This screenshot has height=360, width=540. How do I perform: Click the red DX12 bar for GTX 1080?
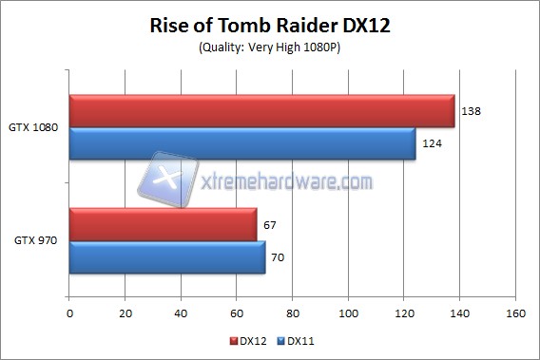click(x=261, y=111)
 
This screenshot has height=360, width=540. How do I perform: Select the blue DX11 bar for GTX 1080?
click(x=242, y=144)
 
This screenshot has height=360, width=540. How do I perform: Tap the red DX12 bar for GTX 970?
click(x=163, y=225)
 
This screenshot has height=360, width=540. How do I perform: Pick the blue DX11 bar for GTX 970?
click(x=167, y=257)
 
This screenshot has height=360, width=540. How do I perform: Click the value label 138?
click(x=469, y=111)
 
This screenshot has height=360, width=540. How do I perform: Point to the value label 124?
click(x=430, y=144)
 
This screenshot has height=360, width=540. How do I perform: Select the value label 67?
click(x=270, y=225)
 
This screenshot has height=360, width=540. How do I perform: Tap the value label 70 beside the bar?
click(x=279, y=257)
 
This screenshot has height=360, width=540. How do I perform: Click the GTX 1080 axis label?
click(x=32, y=128)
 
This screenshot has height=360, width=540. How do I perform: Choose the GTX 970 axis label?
click(x=35, y=241)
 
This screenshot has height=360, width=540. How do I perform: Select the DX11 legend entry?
click(x=294, y=340)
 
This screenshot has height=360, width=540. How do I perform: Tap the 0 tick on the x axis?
click(x=69, y=312)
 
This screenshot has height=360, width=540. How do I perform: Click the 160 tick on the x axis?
click(x=516, y=312)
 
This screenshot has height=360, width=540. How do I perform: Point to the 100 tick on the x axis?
click(x=349, y=312)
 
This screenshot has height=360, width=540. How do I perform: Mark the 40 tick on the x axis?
click(x=182, y=312)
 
